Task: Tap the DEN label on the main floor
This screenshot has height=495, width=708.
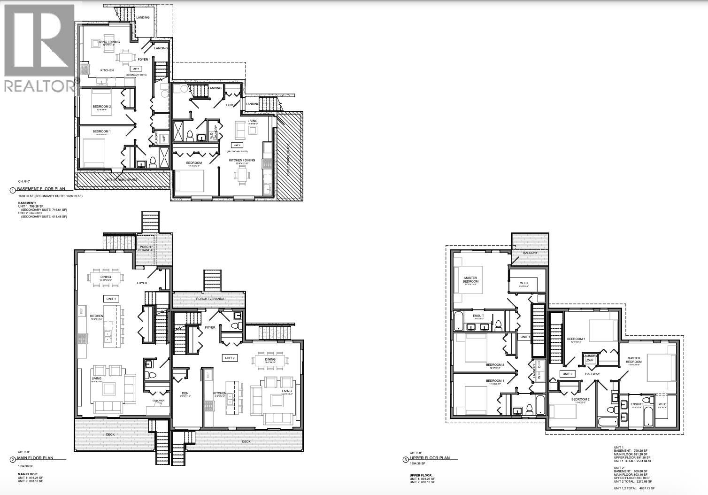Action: pos(185,394)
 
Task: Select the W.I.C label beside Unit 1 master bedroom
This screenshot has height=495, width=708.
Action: pos(524,283)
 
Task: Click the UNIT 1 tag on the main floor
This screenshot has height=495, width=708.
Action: pos(111,299)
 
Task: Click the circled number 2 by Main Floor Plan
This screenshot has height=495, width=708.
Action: pos(12,460)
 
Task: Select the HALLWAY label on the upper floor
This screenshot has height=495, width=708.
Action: pos(592,374)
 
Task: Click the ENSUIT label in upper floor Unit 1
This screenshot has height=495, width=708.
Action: pos(478,316)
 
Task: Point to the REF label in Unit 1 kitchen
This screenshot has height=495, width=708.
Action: pos(81,311)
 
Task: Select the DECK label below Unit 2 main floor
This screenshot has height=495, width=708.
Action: pos(246,441)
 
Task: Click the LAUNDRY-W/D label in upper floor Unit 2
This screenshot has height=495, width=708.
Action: pos(590,358)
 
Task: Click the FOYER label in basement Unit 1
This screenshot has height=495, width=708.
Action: pos(143,60)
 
